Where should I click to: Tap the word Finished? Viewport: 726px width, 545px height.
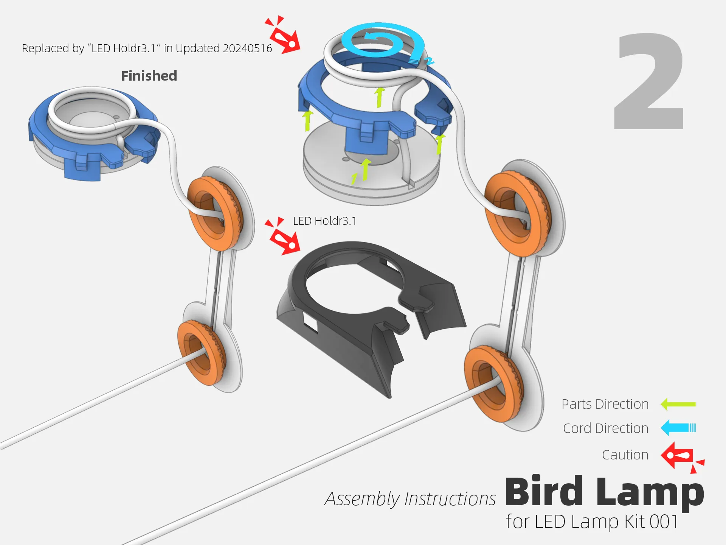tap(149, 76)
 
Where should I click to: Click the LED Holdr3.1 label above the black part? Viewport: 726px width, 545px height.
tap(325, 221)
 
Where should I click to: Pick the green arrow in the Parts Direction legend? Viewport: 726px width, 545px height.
tap(678, 404)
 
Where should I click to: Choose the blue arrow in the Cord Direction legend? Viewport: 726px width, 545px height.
tap(678, 428)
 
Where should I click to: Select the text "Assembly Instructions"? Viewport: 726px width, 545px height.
tap(410, 499)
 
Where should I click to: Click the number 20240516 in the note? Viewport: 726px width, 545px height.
tap(247, 48)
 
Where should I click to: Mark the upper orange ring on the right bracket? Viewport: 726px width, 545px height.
tap(517, 213)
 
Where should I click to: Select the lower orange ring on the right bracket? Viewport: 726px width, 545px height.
tap(493, 384)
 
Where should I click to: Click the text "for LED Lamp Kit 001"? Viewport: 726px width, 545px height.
tap(592, 522)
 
